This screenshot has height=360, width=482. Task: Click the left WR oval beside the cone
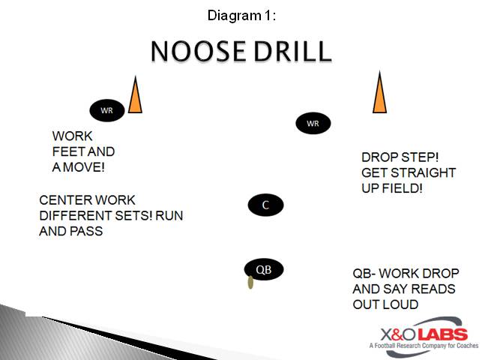pyautogui.click(x=106, y=111)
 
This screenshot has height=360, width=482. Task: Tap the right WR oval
pyautogui.click(x=313, y=123)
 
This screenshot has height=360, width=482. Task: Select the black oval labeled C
pyautogui.click(x=265, y=205)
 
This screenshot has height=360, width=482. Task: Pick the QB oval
pyautogui.click(x=264, y=269)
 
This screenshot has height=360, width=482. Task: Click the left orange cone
pyautogui.click(x=135, y=96)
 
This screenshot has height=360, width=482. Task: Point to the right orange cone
pyautogui.click(x=380, y=94)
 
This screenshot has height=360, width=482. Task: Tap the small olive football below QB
pyautogui.click(x=250, y=283)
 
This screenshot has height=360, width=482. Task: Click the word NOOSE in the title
pyautogui.click(x=197, y=52)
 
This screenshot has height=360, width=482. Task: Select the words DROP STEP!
pyautogui.click(x=400, y=157)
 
